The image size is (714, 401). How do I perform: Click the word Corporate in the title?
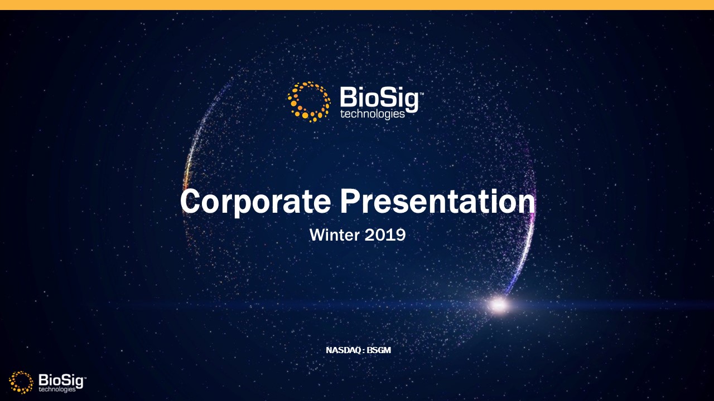[x=255, y=202]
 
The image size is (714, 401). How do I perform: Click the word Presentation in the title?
[x=438, y=201]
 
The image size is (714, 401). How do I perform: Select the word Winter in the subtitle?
[x=334, y=235]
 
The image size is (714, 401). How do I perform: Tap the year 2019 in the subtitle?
[x=385, y=235]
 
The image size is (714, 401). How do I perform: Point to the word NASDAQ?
[x=343, y=350]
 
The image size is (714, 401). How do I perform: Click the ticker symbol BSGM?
[x=379, y=350]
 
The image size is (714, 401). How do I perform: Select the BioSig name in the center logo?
[x=379, y=99]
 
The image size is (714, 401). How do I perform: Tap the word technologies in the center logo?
[x=372, y=114]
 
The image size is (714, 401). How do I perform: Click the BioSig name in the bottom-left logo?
[x=61, y=380]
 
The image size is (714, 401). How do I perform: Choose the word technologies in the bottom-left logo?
[x=57, y=389]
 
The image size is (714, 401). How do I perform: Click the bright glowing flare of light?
[x=498, y=305]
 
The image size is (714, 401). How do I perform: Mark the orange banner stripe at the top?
[x=357, y=5]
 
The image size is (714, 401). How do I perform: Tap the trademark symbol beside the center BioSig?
[x=421, y=94]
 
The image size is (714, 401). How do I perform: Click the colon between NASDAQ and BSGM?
[x=363, y=351]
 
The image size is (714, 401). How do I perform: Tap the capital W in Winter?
[x=316, y=234]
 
